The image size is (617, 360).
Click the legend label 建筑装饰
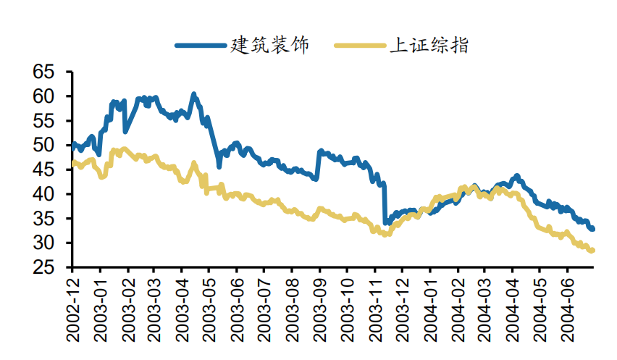269,45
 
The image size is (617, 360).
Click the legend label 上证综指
429,45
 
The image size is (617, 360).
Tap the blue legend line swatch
200,46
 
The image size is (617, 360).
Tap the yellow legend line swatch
360,46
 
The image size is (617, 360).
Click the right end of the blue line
592,229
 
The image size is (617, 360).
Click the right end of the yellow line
592,251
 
